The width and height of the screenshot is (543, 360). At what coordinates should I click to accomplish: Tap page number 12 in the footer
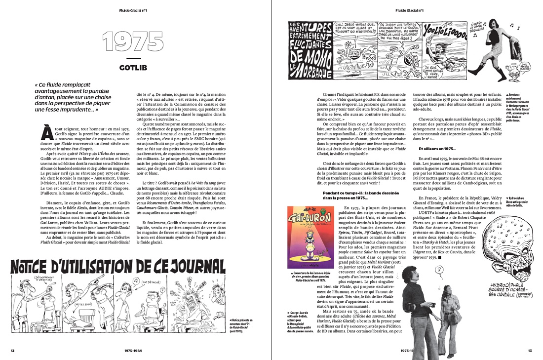point(13,351)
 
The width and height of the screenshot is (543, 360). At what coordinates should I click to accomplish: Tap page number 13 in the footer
point(530,351)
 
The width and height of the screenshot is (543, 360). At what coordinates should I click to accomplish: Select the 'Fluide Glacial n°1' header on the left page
point(133,9)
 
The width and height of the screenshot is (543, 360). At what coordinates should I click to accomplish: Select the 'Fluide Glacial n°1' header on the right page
point(409,9)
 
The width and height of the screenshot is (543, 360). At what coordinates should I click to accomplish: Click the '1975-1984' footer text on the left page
point(134,351)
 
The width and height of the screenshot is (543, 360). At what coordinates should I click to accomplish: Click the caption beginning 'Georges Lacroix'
point(300,321)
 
